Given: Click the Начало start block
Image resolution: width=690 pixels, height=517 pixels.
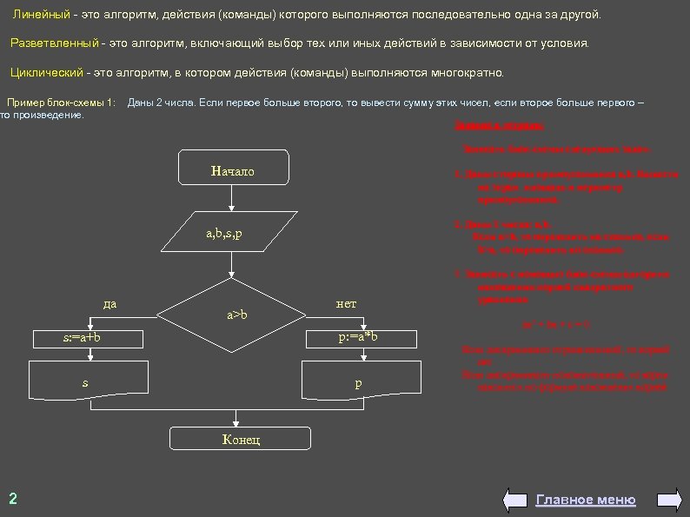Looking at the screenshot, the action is (x=232, y=171).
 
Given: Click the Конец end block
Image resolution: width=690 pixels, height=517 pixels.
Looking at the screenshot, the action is (x=240, y=440).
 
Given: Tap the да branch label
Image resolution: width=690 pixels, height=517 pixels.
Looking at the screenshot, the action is (x=110, y=303).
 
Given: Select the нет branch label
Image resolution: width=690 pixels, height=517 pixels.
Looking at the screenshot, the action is (x=346, y=303).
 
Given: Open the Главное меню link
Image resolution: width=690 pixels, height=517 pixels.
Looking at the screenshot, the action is (x=585, y=500).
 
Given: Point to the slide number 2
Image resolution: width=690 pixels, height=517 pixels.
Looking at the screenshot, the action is (x=12, y=498).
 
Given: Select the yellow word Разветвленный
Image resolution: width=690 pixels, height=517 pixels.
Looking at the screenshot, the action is (x=54, y=43).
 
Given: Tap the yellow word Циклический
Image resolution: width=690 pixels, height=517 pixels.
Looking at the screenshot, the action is (x=45, y=71).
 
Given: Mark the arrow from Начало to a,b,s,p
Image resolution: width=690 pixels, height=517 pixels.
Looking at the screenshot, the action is (x=232, y=199).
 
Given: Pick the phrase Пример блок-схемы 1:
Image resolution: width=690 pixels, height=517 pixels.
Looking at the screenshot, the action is (x=61, y=103).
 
